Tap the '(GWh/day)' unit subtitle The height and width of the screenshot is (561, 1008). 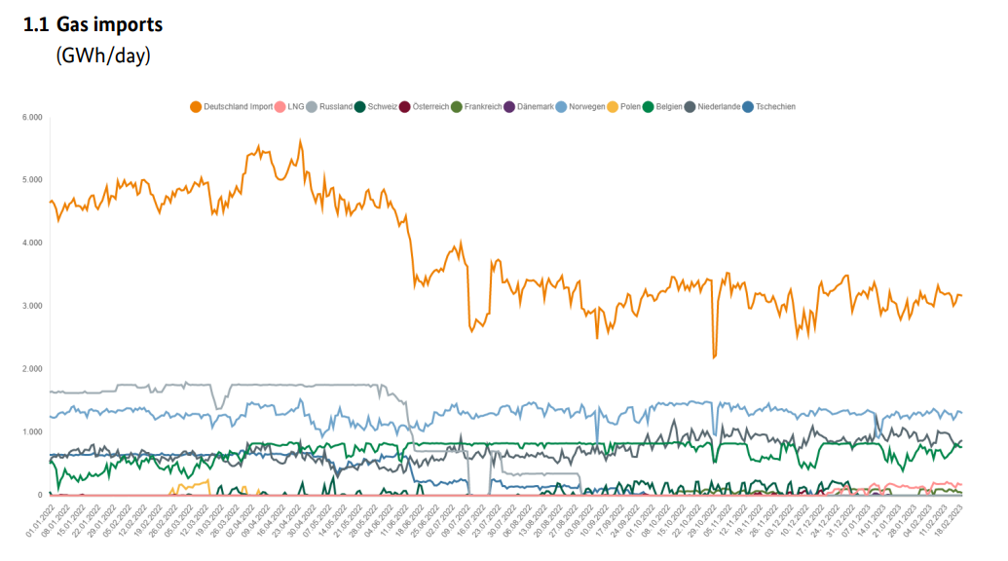tap(102, 56)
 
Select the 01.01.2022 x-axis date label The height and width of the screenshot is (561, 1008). tap(39, 523)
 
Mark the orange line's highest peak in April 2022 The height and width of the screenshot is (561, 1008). tap(300, 140)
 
